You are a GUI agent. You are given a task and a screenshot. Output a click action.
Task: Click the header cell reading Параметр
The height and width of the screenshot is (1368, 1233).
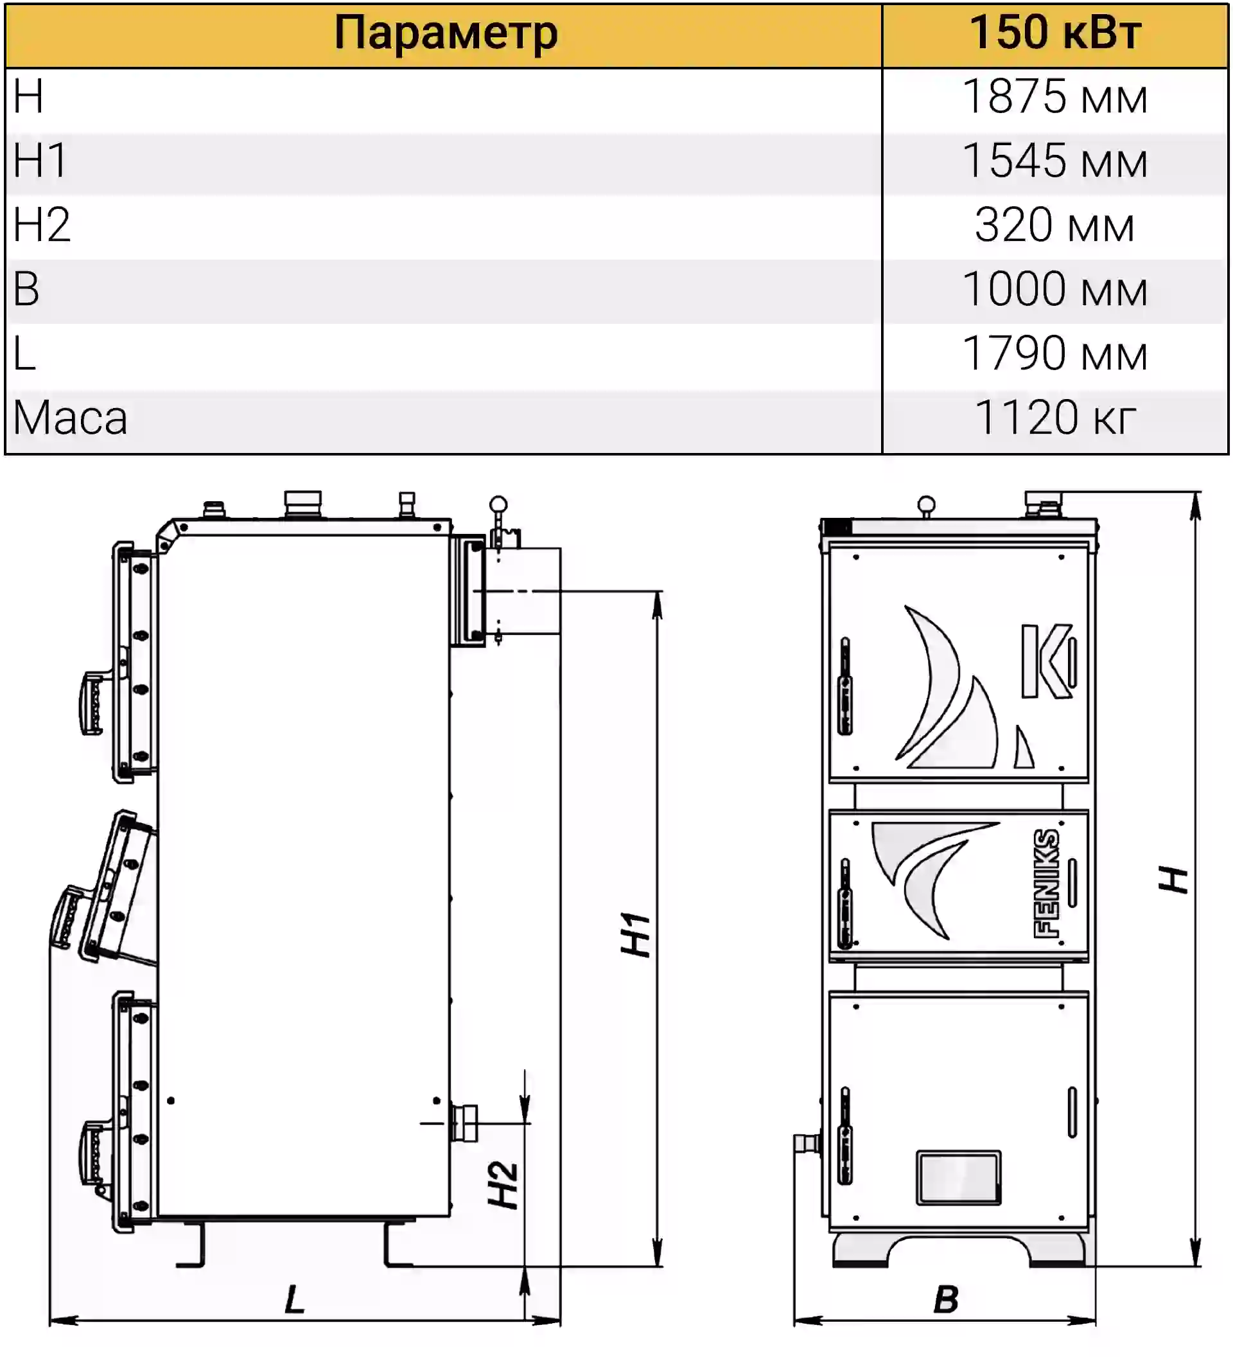tap(446, 34)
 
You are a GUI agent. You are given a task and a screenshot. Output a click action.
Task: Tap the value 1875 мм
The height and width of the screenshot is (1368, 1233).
tap(1055, 96)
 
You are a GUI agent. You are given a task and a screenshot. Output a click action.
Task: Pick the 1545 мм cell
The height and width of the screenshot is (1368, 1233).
tap(1055, 161)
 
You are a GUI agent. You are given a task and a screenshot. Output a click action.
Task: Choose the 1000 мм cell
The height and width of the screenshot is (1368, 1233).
tap(1055, 289)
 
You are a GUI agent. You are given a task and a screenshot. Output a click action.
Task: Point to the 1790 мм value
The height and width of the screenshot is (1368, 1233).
tap(1055, 353)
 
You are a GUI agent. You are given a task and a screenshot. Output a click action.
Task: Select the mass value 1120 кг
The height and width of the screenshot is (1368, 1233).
tap(1055, 417)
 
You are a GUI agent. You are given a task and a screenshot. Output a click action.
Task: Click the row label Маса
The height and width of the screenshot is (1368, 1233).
tap(71, 418)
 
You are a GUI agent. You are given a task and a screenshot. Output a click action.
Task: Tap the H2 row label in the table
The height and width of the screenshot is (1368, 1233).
tap(42, 224)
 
